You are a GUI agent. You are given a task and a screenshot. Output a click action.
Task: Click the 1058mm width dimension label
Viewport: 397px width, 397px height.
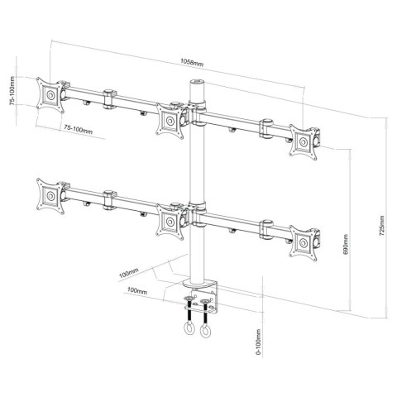pos(199,60)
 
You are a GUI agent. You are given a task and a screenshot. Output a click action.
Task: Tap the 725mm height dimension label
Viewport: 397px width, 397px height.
pos(380,224)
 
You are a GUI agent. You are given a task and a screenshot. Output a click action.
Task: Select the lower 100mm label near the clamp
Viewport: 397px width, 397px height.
pos(138,292)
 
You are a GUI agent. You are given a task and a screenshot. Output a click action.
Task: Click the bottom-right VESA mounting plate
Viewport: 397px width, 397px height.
pos(309,241)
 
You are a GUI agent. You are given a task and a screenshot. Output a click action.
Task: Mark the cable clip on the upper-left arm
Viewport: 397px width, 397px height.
pos(108,99)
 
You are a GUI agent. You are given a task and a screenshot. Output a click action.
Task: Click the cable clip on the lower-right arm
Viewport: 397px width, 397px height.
pos(267,226)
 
